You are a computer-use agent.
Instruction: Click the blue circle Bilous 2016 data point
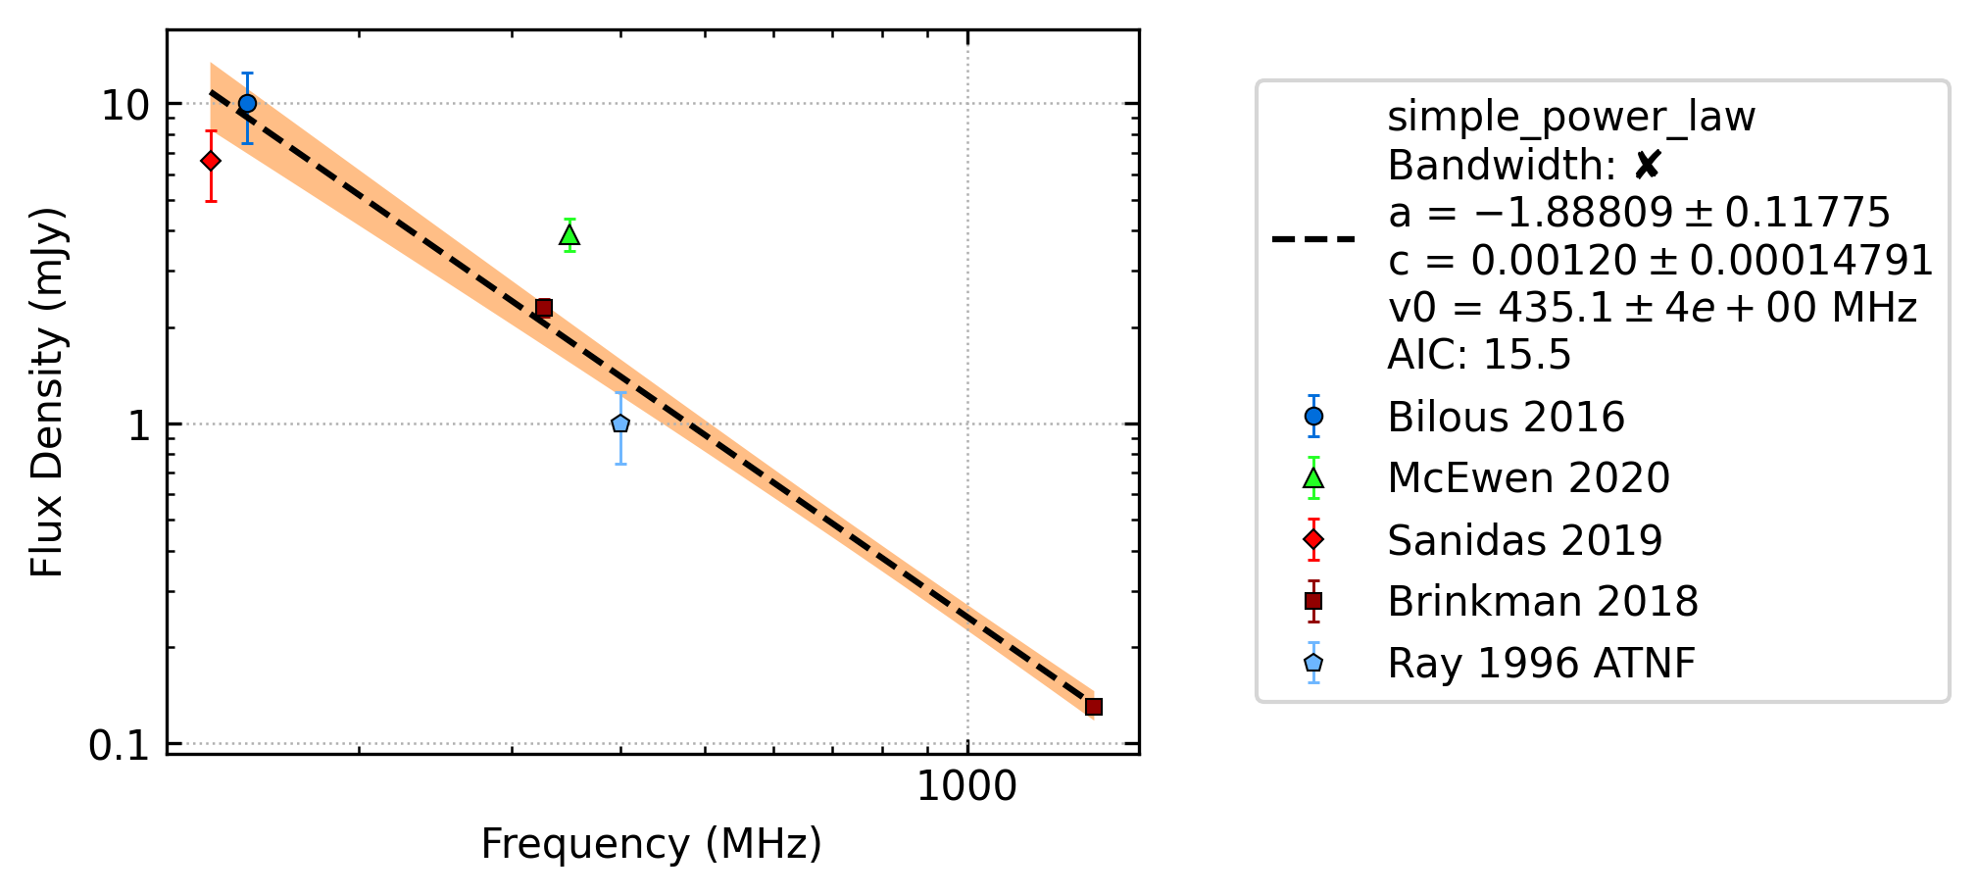247,103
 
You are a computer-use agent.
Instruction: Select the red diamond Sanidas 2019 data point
211,161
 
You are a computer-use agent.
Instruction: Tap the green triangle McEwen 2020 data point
569,234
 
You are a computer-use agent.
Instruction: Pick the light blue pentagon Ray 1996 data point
620,423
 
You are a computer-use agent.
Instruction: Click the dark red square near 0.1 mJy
1094,707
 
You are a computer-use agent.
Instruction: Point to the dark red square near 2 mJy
544,308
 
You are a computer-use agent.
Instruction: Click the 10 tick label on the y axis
125,105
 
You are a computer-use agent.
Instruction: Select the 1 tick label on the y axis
138,425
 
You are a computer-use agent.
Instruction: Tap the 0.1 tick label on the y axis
119,746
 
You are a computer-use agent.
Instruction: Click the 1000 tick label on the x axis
966,787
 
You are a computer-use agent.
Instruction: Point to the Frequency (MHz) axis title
652,844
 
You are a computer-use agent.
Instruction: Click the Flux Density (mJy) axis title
46,392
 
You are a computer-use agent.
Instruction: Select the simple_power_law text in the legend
1571,118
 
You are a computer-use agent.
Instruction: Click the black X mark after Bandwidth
1647,166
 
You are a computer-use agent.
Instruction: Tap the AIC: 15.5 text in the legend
1479,355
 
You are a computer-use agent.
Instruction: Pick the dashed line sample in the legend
1313,238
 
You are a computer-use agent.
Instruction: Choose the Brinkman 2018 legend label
1543,602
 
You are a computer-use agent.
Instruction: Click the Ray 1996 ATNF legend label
1541,664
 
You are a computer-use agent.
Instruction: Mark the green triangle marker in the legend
1313,478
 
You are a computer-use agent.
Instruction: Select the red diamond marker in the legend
1313,540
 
